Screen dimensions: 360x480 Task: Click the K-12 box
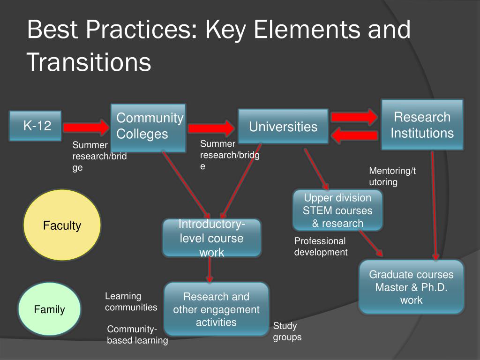point(36,126)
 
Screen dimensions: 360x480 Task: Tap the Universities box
point(283,127)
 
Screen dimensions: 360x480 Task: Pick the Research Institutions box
point(422,125)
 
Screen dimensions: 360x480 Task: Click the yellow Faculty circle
point(62,226)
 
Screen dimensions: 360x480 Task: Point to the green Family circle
point(49,309)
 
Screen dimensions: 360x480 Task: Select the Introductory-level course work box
point(212,238)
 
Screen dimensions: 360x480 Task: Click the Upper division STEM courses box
point(337,210)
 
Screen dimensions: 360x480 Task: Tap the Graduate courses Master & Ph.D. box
point(411,287)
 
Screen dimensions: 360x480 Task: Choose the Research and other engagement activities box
point(216,309)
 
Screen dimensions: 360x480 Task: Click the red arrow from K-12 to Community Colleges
point(86,127)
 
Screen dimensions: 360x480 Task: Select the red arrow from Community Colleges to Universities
point(211,128)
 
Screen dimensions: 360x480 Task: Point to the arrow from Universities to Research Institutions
point(354,117)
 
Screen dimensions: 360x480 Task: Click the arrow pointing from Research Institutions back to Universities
point(354,136)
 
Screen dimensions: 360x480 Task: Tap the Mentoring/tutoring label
point(392,176)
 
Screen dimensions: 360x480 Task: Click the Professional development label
point(321,247)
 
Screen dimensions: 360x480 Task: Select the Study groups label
point(287,331)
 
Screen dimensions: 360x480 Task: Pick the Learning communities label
point(131,302)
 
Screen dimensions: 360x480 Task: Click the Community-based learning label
point(137,335)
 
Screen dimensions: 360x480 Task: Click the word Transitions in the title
point(89,62)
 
